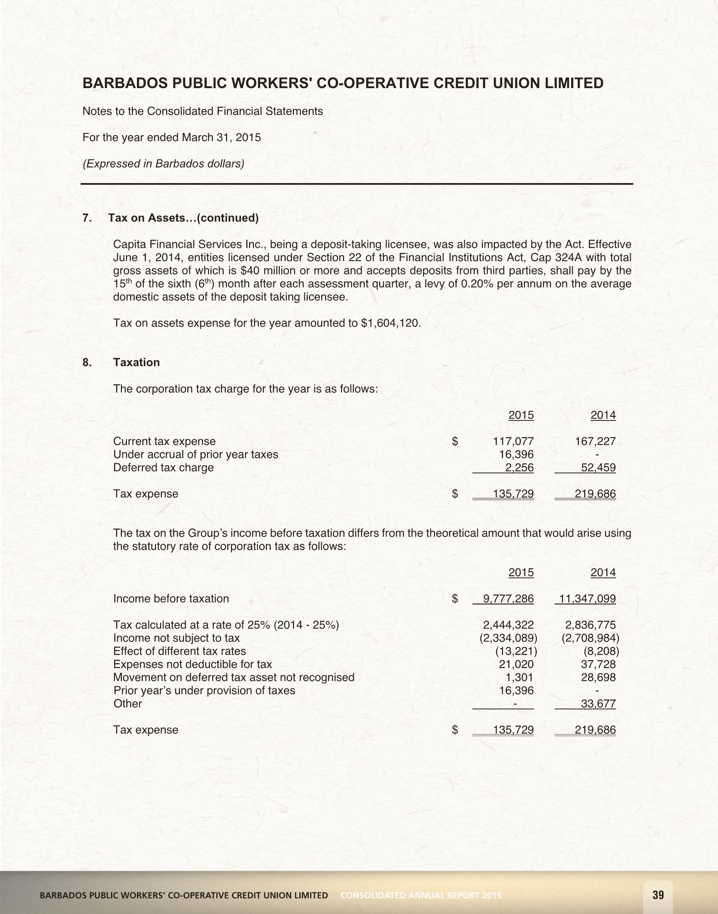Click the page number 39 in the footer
658,894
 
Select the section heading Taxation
136,362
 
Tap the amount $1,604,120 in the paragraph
390,323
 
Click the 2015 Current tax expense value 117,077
513,441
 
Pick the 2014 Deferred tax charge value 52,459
598,468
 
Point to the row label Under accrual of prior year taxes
195,454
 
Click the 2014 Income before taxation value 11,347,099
587,599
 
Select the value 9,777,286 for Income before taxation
508,599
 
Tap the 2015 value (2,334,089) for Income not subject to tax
508,638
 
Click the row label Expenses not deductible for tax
192,664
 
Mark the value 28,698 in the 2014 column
598,677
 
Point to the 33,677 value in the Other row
598,704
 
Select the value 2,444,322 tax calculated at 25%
508,625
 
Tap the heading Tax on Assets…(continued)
183,218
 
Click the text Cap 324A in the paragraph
551,257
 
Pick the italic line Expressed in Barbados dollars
163,163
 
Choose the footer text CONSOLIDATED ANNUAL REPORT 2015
421,895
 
